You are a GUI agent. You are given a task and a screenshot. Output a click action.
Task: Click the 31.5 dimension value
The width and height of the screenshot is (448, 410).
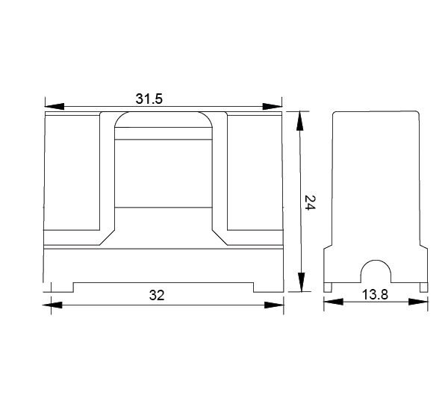[x=149, y=99]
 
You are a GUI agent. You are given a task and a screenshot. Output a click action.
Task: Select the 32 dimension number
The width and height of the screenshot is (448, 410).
[x=157, y=295]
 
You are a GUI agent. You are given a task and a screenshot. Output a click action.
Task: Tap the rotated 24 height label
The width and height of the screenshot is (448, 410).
[x=309, y=202]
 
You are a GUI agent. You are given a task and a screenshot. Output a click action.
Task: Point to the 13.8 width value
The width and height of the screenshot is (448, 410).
[x=375, y=294]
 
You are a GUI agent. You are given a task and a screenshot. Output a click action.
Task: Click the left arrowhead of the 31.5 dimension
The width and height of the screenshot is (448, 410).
[x=55, y=106]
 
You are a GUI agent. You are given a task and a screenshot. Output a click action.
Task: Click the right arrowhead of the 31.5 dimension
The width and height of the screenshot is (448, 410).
[x=273, y=106]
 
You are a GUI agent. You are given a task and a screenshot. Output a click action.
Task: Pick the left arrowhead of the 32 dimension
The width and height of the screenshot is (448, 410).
[x=52, y=305]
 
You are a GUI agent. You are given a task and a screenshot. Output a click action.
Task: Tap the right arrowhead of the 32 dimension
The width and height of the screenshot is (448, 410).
[x=274, y=305]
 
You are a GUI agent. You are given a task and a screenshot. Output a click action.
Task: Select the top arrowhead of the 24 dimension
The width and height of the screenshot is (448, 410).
[x=299, y=121]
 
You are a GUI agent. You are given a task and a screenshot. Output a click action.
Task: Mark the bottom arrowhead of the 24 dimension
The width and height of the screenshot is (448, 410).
[x=301, y=282]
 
